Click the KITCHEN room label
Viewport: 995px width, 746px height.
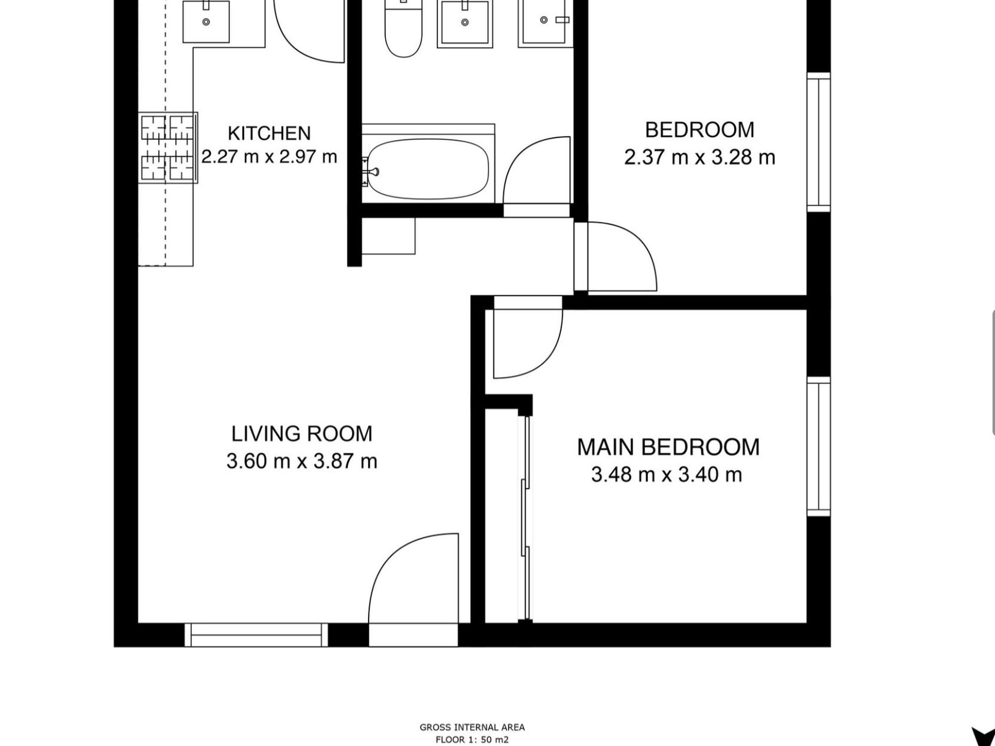269,133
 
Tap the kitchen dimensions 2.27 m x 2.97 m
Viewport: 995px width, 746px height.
269,157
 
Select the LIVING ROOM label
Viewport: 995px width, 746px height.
302,433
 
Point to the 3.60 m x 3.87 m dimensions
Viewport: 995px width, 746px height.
302,461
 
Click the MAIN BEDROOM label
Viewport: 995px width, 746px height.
668,447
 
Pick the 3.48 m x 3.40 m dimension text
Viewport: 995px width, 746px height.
667,475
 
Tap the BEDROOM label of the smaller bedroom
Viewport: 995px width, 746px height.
700,130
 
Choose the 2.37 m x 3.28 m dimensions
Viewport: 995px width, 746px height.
700,157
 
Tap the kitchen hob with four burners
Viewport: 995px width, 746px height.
168,148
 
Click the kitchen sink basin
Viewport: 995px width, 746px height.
206,21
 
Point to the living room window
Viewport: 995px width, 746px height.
256,634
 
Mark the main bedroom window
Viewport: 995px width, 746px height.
819,446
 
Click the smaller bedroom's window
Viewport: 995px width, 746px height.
819,142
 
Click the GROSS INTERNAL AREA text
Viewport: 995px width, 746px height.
472,727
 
